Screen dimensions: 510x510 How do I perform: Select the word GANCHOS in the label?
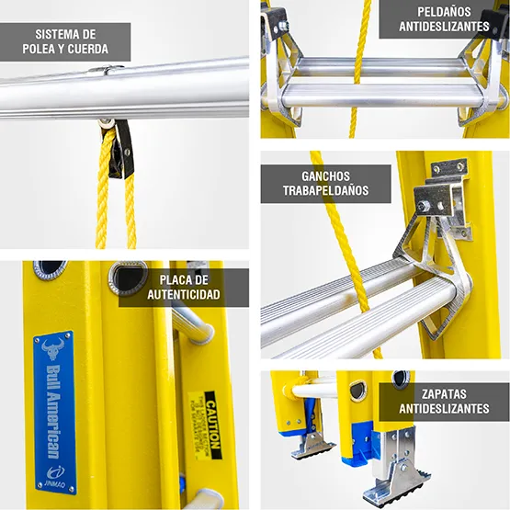point(325,176)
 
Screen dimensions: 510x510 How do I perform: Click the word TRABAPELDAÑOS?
point(325,191)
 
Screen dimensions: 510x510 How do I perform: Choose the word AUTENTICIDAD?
point(183,295)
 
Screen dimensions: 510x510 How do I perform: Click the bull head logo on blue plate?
point(52,350)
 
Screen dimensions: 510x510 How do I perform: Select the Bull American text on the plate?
point(52,409)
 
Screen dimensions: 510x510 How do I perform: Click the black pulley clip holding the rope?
point(120,147)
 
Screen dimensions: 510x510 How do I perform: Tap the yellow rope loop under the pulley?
point(117,198)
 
